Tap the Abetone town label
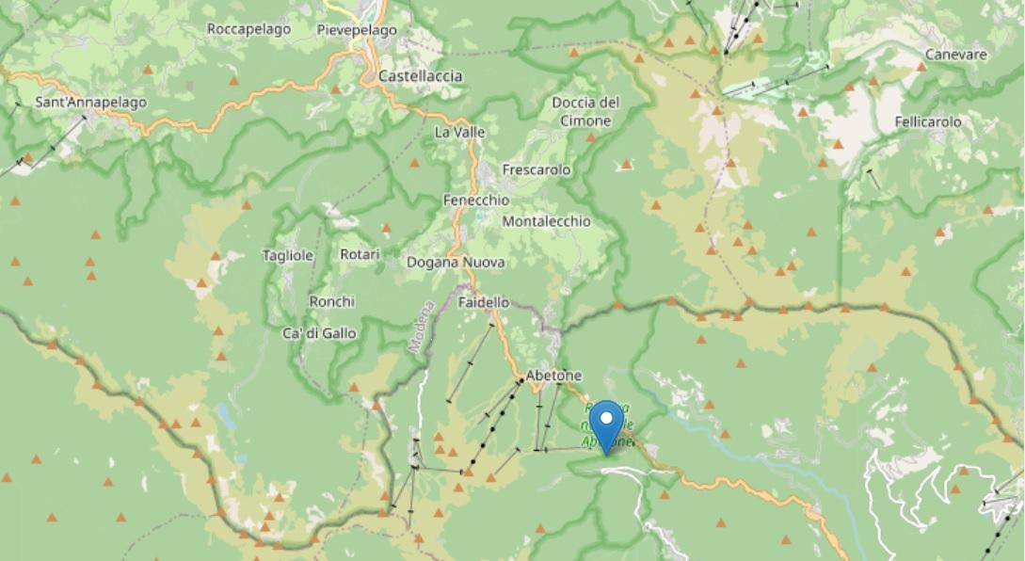point(553,375)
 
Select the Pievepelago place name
point(357,30)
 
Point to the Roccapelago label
point(248,29)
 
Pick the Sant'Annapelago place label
point(90,102)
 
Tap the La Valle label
point(459,133)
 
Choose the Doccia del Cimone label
point(585,111)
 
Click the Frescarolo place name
point(537,170)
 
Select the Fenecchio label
point(476,200)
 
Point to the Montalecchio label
point(547,221)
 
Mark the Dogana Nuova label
point(456,263)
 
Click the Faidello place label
point(484,303)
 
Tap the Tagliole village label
point(288,255)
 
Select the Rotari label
point(360,255)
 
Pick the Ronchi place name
point(331,302)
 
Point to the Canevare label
point(954,55)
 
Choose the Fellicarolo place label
point(928,121)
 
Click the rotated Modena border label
point(421,327)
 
